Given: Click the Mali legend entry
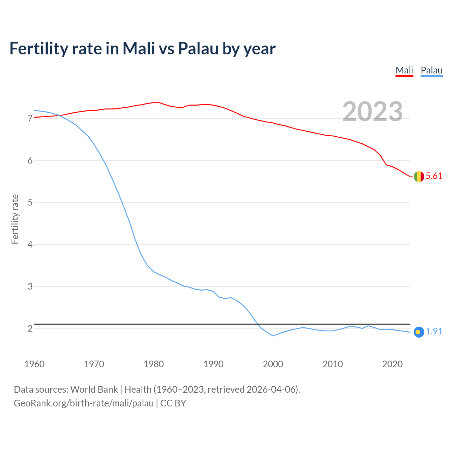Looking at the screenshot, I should pos(404,70).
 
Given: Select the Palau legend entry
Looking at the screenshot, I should pos(432,70).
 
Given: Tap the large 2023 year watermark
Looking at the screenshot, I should pos(373,112).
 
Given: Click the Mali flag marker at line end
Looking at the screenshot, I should pos(419,176).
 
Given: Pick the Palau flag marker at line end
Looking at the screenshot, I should pos(418,332).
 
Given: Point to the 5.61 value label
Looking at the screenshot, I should pos(434,176).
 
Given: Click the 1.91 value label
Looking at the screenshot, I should pos(434,332).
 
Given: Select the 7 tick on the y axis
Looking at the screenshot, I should pos(30,119).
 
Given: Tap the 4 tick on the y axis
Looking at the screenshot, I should pos(30,245).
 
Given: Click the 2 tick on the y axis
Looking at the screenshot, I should pos(30,329).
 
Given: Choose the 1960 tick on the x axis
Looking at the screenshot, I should pos(34,364).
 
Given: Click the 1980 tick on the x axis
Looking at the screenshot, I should pos(154,364).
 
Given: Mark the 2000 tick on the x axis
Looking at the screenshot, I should pos(273,364).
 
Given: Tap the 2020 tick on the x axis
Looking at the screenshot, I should pos(392,364).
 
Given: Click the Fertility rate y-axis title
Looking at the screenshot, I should pos(15,219).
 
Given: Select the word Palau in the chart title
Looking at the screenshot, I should pos(198,48).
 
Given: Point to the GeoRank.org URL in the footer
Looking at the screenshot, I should pos(84,403).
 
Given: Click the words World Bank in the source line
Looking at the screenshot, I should pos(94,389).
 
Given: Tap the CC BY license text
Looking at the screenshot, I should pos(173,403).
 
